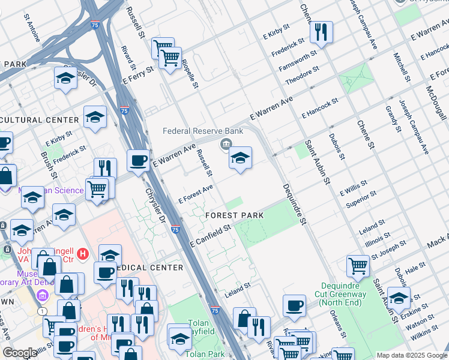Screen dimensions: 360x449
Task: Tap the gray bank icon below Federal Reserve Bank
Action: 226,143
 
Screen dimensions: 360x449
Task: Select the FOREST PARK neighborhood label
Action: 232,215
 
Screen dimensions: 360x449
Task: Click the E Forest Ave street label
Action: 196,195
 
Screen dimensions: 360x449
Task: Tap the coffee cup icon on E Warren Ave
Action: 139,161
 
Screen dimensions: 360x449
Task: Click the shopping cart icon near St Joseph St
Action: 358,265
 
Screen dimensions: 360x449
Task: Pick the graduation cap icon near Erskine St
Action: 399,297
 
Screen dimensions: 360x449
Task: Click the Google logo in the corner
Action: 20,353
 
